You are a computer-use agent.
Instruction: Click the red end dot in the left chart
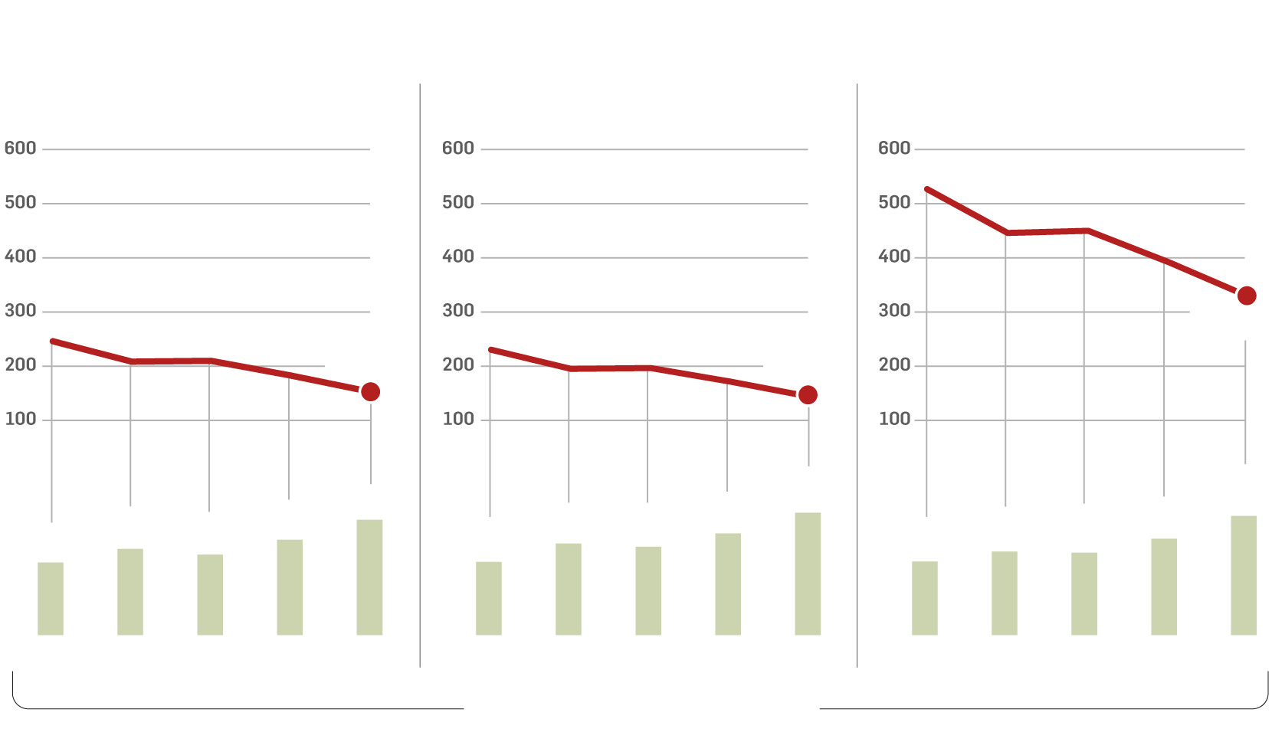coord(370,392)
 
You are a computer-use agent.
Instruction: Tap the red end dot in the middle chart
coord(808,395)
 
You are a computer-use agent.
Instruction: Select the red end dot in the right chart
coord(1247,296)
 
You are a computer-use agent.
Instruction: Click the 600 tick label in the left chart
coord(21,149)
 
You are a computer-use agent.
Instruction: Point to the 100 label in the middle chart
coord(458,420)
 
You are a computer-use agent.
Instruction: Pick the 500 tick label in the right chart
coord(894,203)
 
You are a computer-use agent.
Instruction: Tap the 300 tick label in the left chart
coord(21,311)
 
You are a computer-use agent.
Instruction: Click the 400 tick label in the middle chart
coord(458,257)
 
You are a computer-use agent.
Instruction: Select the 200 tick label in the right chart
coord(894,365)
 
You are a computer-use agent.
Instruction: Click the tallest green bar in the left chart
coord(369,577)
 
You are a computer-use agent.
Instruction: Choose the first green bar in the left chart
coord(51,599)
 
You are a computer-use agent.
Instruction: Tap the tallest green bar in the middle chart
coord(808,574)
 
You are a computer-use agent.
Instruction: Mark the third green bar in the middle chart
coord(648,590)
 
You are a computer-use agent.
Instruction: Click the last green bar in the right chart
coord(1244,575)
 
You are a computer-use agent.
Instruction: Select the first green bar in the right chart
coord(925,598)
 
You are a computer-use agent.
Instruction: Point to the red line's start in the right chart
coord(927,189)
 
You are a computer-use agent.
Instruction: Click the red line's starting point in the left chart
coord(52,341)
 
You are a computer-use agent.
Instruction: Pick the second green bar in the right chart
coord(1005,593)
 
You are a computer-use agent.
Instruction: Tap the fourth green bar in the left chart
coord(290,587)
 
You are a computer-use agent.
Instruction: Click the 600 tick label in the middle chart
coord(458,149)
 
